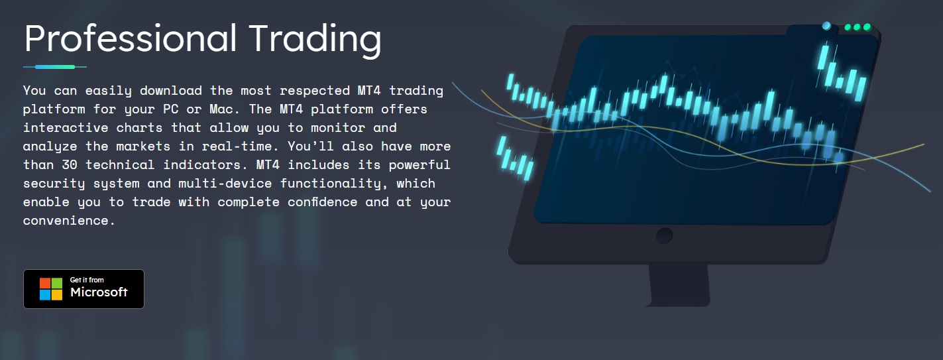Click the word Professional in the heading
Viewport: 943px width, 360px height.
[130, 38]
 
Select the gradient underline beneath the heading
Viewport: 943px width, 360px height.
[55, 66]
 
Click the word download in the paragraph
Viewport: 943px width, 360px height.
[170, 91]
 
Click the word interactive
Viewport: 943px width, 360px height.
[65, 127]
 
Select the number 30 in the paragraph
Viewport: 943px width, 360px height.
[70, 164]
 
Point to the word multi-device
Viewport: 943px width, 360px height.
[225, 183]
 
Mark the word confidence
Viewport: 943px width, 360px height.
[323, 202]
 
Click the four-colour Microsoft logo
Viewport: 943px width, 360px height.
[51, 289]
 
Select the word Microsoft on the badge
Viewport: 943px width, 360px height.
[99, 292]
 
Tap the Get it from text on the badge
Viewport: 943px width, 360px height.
[87, 280]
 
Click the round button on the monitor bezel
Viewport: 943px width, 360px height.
[664, 236]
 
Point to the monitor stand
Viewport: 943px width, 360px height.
[679, 285]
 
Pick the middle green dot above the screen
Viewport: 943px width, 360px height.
[857, 27]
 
